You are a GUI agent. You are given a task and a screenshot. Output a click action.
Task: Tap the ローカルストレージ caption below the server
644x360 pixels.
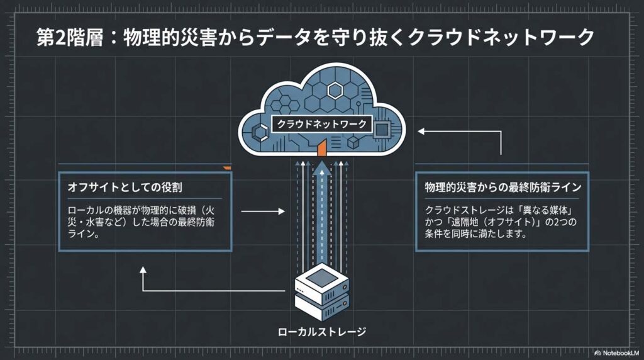322,331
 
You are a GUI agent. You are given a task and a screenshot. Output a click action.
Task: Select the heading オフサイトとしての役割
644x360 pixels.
125,188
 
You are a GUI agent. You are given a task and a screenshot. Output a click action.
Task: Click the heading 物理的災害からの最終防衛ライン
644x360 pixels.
502,188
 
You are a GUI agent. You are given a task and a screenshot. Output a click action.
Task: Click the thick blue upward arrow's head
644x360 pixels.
323,168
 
